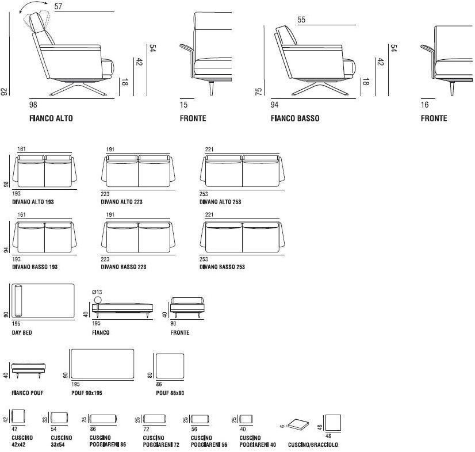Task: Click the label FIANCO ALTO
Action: [51, 118]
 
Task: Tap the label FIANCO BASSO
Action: [294, 118]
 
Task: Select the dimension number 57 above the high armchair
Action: [58, 6]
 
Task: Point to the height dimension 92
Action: [5, 91]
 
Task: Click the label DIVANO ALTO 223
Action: [122, 202]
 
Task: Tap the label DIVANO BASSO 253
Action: [222, 267]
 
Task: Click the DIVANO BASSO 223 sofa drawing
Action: [138, 237]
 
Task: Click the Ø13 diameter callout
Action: [97, 292]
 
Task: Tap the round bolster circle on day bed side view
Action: [97, 300]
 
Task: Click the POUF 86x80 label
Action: [170, 393]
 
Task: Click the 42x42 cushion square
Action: [19, 417]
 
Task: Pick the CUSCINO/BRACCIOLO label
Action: [313, 445]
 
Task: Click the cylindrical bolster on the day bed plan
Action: [18, 300]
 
